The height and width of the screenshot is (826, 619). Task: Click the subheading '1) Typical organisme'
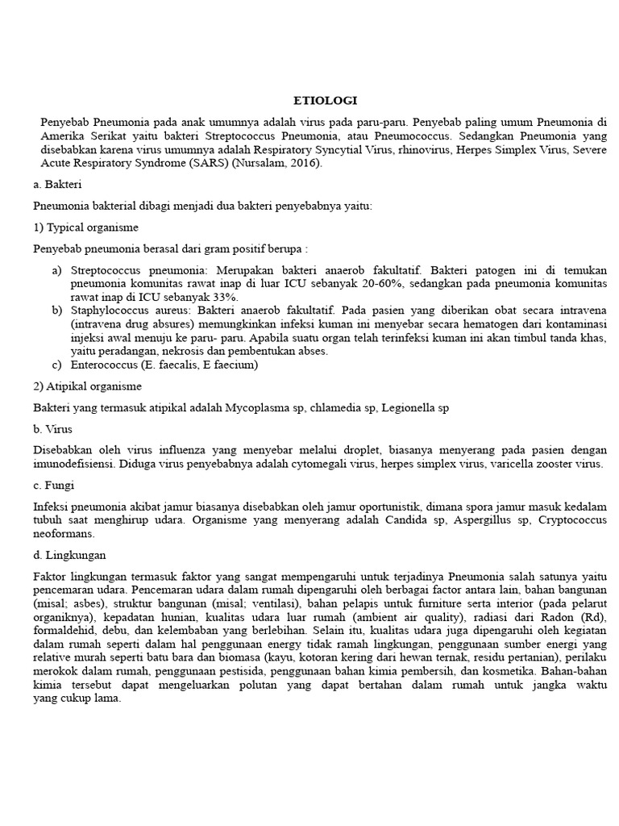(x=85, y=227)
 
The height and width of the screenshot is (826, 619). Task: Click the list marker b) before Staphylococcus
(x=57, y=311)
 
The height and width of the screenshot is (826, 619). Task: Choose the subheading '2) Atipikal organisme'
(x=87, y=386)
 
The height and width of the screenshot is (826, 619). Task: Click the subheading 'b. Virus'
(x=50, y=429)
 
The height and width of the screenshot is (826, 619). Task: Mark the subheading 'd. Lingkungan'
(x=69, y=555)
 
